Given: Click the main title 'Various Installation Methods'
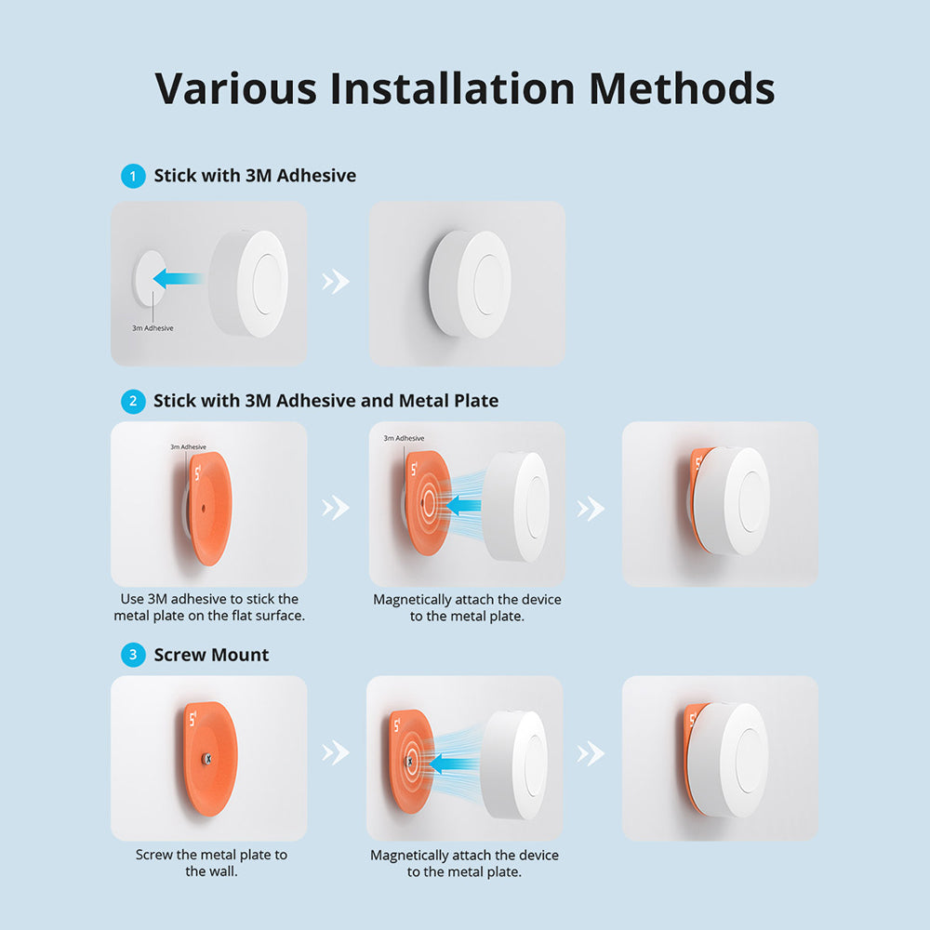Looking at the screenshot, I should tap(464, 88).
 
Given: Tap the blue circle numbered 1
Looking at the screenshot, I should tap(133, 175).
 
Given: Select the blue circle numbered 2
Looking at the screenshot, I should tap(133, 401).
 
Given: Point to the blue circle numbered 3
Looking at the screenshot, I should tap(133, 655).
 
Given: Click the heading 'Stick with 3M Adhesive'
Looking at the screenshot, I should tap(255, 175).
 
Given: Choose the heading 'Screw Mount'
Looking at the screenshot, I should tap(211, 655).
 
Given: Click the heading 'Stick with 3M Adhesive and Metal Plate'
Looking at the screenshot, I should tap(325, 401).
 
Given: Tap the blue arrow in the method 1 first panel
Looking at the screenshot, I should tap(179, 277).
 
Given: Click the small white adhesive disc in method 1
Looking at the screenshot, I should tap(144, 277).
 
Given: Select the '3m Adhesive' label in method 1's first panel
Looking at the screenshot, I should tap(153, 328).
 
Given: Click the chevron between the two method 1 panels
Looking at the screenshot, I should tap(336, 283).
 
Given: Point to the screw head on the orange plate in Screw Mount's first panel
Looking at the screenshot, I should tap(207, 758).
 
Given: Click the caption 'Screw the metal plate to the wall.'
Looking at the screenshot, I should tap(211, 863).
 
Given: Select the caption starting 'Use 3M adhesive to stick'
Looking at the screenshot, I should tap(209, 607).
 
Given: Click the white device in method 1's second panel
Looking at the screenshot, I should tap(470, 284).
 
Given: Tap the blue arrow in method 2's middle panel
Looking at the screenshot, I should tap(464, 506).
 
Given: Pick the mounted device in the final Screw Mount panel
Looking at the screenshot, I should tap(735, 760).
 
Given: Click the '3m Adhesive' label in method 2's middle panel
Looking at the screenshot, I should tap(404, 438).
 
